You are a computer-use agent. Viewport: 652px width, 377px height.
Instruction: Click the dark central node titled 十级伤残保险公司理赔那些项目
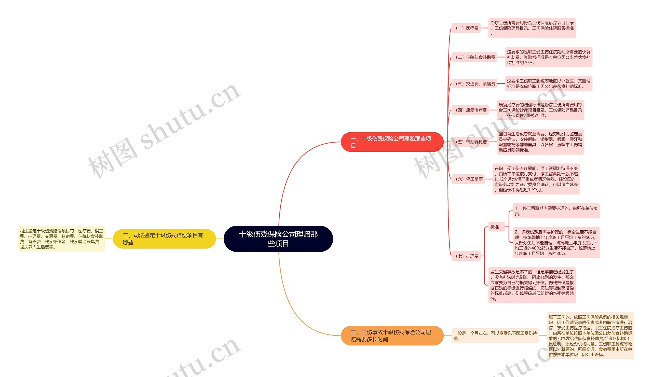(278, 239)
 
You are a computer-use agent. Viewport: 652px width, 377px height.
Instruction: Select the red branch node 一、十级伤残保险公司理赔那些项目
(392, 142)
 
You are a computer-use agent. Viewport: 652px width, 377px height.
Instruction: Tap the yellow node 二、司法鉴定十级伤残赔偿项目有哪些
(164, 239)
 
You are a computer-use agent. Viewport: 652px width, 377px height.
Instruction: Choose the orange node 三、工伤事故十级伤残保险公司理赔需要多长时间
(392, 335)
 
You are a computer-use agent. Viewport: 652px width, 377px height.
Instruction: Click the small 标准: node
(495, 227)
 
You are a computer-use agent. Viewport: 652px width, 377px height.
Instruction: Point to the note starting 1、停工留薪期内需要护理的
(556, 211)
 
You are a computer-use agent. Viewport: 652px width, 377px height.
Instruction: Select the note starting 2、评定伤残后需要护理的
(556, 243)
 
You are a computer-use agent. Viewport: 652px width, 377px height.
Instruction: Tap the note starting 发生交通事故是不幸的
(532, 285)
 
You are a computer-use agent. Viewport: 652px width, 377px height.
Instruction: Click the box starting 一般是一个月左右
(495, 336)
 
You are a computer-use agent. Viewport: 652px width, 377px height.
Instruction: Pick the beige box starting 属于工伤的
(590, 336)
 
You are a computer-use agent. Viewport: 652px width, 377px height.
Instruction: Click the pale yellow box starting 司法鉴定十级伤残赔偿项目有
(62, 239)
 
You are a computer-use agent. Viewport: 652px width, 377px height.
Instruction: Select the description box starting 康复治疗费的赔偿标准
(540, 110)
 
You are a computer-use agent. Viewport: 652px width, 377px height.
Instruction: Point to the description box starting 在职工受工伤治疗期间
(536, 179)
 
